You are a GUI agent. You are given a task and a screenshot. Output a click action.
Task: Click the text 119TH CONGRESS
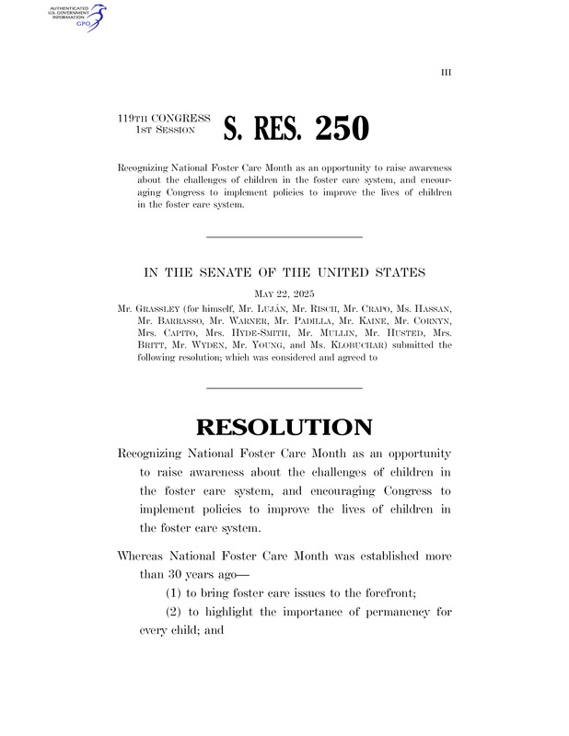[x=164, y=120]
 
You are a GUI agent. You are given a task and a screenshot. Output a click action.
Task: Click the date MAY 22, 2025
[x=285, y=294]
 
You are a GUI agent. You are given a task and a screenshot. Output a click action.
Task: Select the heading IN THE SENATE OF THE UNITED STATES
[x=285, y=273]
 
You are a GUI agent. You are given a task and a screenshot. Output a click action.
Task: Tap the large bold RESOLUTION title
[x=285, y=427]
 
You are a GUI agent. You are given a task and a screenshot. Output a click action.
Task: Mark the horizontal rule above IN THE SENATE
[x=285, y=237]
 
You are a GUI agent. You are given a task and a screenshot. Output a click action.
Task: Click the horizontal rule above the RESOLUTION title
[x=285, y=387]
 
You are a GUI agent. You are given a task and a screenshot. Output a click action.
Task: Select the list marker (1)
[x=175, y=594]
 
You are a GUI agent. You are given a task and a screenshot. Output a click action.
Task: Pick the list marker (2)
[x=175, y=614]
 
